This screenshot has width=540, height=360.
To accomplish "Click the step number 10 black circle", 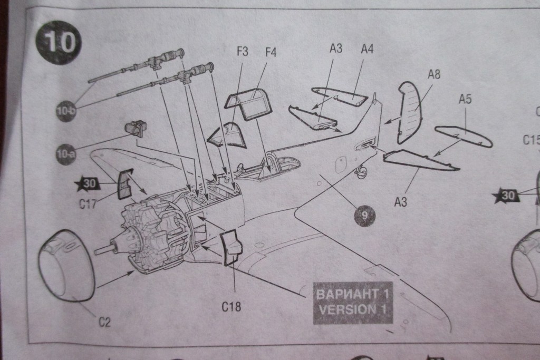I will (59, 42).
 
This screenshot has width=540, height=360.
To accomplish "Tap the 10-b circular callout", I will (66, 112).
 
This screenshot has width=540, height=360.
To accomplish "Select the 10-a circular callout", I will (66, 154).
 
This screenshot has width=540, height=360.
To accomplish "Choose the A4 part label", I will (367, 49).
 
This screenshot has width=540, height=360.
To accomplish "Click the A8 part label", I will (433, 74).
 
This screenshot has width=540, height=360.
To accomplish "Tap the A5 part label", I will (465, 99).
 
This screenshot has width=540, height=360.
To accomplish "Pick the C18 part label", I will (232, 306).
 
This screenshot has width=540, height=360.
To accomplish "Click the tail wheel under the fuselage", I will (362, 170).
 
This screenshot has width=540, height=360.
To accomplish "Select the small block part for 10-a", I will (135, 128).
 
